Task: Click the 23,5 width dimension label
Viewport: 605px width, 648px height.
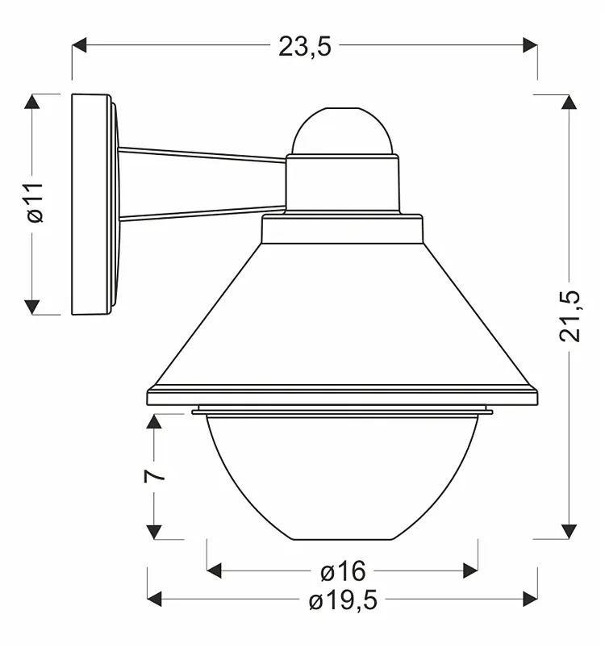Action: pos(305,46)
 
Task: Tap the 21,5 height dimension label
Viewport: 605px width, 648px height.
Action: pos(570,316)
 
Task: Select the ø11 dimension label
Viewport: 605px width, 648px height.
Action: pos(35,203)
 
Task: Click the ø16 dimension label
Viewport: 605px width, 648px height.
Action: pos(343,571)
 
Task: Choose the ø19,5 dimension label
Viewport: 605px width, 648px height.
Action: pos(343,600)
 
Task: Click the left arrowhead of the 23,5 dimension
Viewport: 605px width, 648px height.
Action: pos(79,45)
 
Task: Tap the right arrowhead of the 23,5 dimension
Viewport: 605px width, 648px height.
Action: pos(530,45)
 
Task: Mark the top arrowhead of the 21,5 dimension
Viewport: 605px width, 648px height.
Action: pos(569,102)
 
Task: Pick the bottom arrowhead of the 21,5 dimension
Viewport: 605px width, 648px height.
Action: pos(569,532)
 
